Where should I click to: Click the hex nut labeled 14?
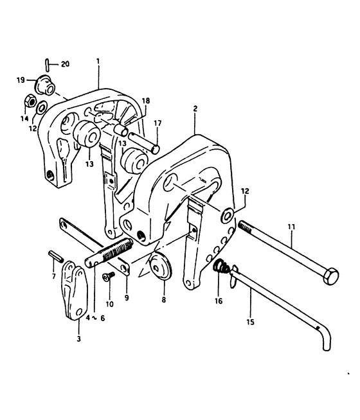(29, 101)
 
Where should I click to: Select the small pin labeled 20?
(47, 64)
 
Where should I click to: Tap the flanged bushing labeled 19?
(45, 84)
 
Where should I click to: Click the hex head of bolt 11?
(331, 276)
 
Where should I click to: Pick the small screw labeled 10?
(109, 276)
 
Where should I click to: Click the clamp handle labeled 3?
(75, 291)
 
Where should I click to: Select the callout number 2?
(195, 109)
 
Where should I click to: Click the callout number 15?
(250, 322)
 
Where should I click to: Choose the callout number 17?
(157, 123)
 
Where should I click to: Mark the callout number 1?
(98, 62)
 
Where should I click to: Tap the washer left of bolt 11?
(228, 214)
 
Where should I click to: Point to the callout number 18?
(146, 101)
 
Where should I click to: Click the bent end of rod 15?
(326, 339)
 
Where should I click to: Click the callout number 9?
(127, 298)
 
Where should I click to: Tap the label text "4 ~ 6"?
(95, 318)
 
